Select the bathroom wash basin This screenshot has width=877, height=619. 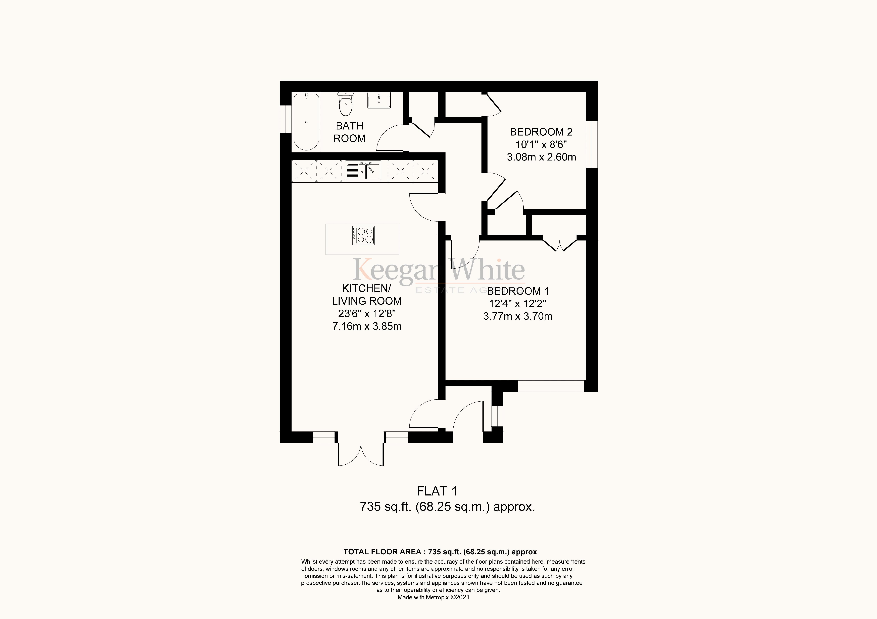[379, 101]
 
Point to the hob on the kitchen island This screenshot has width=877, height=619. [363, 235]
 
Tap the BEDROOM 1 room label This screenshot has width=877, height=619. [518, 291]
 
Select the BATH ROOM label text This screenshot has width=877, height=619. [349, 132]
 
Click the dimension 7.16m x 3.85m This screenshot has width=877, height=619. [367, 326]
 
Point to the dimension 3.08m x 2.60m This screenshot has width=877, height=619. [541, 157]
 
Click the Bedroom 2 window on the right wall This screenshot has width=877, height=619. [592, 144]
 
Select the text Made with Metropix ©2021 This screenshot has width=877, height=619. [433, 597]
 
